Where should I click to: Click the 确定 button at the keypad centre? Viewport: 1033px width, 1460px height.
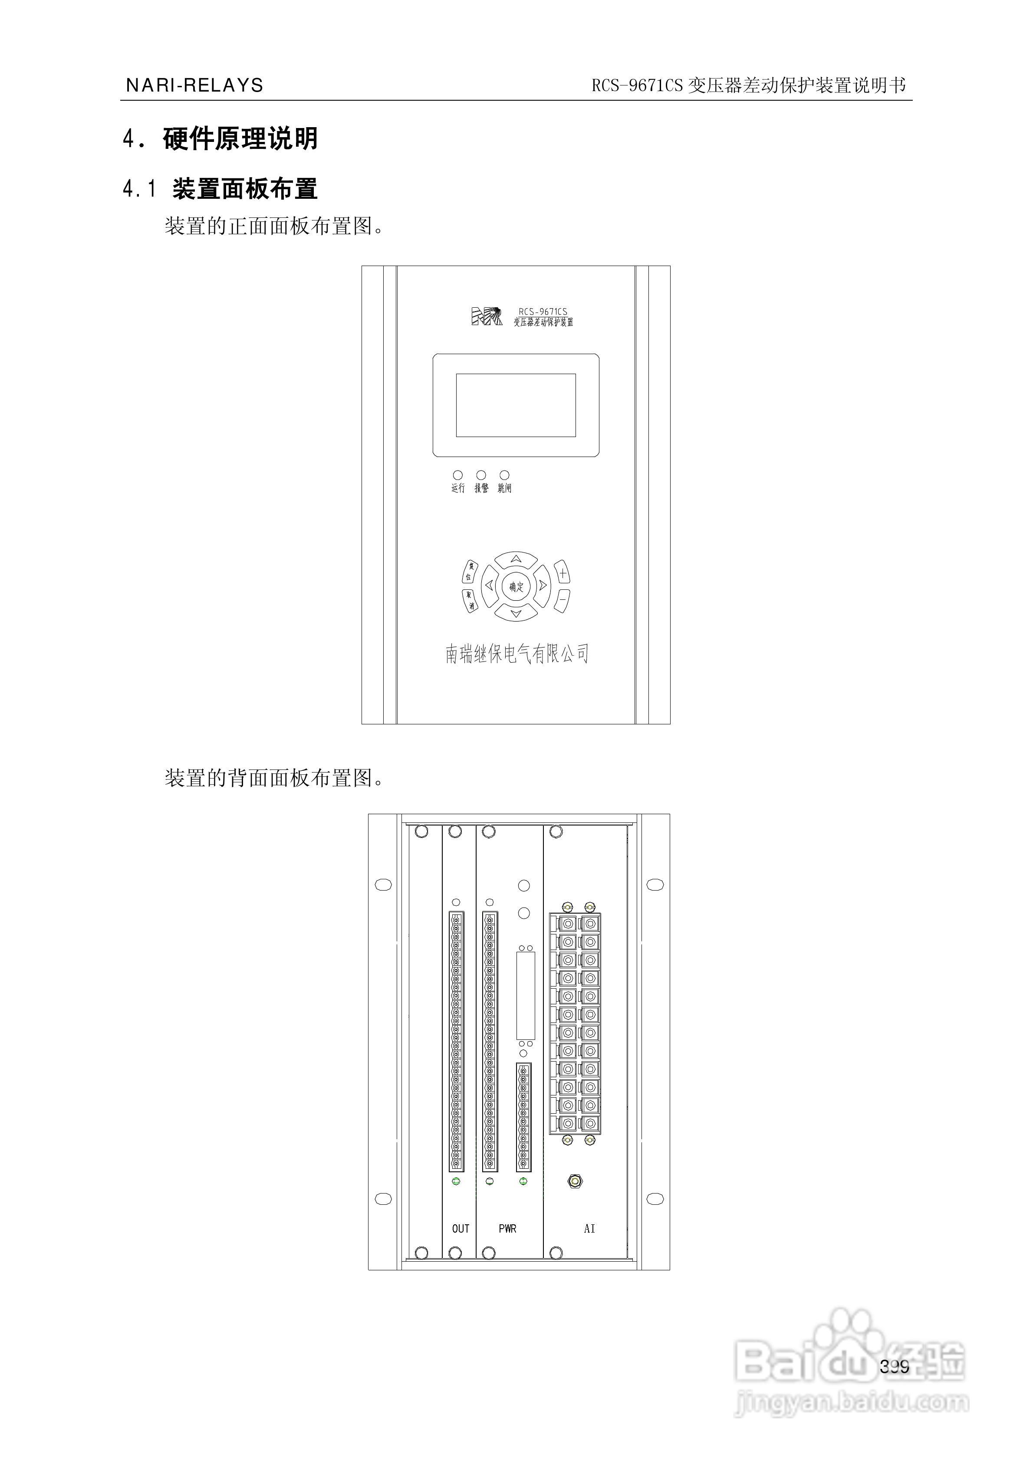pos(516,586)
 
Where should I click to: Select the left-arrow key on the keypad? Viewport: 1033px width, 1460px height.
pos(489,585)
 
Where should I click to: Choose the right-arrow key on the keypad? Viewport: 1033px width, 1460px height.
pos(543,585)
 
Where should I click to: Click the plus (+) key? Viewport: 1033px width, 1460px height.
pos(563,573)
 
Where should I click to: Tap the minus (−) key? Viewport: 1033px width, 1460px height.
pos(563,599)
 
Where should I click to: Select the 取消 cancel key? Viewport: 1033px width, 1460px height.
pos(470,600)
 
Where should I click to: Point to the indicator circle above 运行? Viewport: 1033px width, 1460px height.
pos(457,475)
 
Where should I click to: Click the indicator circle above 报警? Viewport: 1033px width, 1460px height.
pos(481,475)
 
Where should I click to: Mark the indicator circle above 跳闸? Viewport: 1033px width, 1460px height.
pos(504,475)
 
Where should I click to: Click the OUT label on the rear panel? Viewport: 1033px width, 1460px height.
pos(461,1229)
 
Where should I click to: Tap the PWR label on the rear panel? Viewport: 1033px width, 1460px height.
pos(507,1229)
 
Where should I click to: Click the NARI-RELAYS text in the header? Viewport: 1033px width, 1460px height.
pos(194,85)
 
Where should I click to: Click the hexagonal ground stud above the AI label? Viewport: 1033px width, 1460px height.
pos(575,1181)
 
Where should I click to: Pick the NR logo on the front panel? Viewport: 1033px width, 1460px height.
pos(486,316)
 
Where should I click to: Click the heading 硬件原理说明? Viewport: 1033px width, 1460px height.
pos(240,138)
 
